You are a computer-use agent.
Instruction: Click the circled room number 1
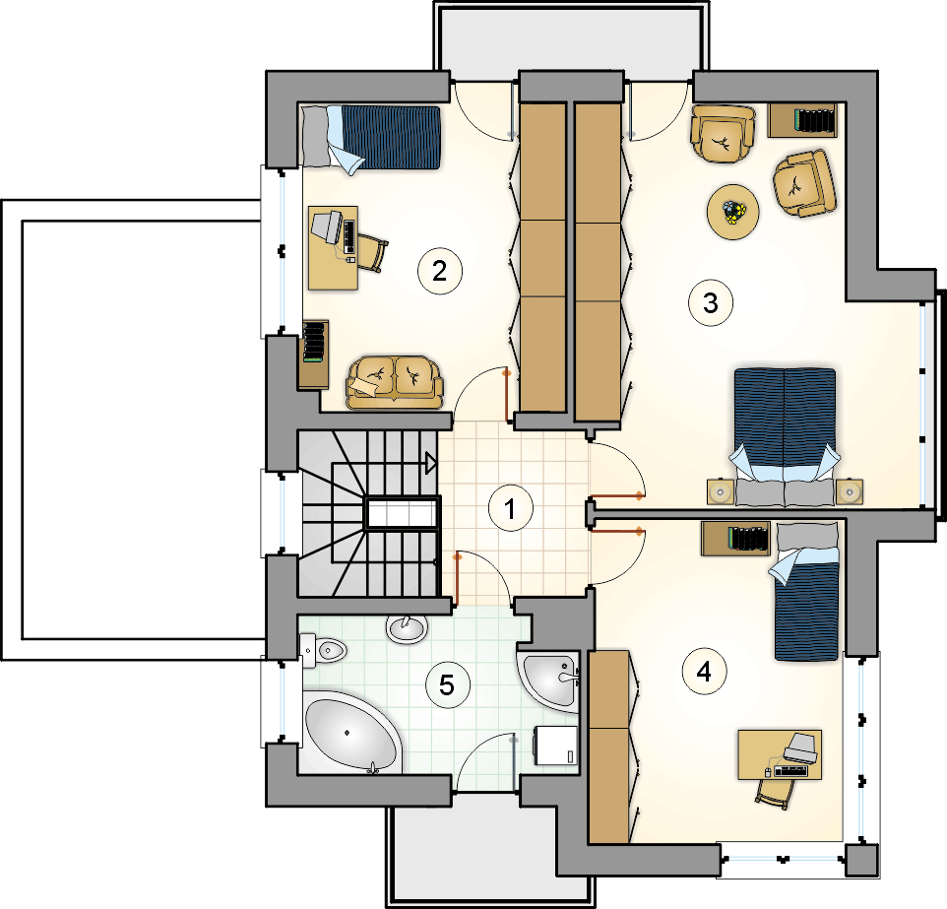(x=510, y=509)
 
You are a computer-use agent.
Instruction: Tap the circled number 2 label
(x=440, y=271)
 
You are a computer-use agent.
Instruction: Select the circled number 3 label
(x=711, y=302)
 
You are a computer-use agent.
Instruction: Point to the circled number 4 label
(x=704, y=672)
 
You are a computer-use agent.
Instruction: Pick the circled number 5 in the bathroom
(x=447, y=684)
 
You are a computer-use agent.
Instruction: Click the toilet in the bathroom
(x=323, y=650)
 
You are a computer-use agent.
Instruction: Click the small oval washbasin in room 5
(x=408, y=629)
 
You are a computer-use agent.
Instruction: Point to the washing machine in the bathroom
(x=555, y=746)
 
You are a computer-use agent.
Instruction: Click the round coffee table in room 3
(x=733, y=212)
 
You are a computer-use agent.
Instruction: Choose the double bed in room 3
(x=786, y=436)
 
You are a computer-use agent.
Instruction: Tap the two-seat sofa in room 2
(x=395, y=382)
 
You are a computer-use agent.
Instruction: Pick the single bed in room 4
(x=805, y=592)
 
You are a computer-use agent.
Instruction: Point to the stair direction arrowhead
(x=431, y=464)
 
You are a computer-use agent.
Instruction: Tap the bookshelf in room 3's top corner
(x=802, y=120)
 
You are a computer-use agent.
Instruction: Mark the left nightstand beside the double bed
(x=720, y=492)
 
